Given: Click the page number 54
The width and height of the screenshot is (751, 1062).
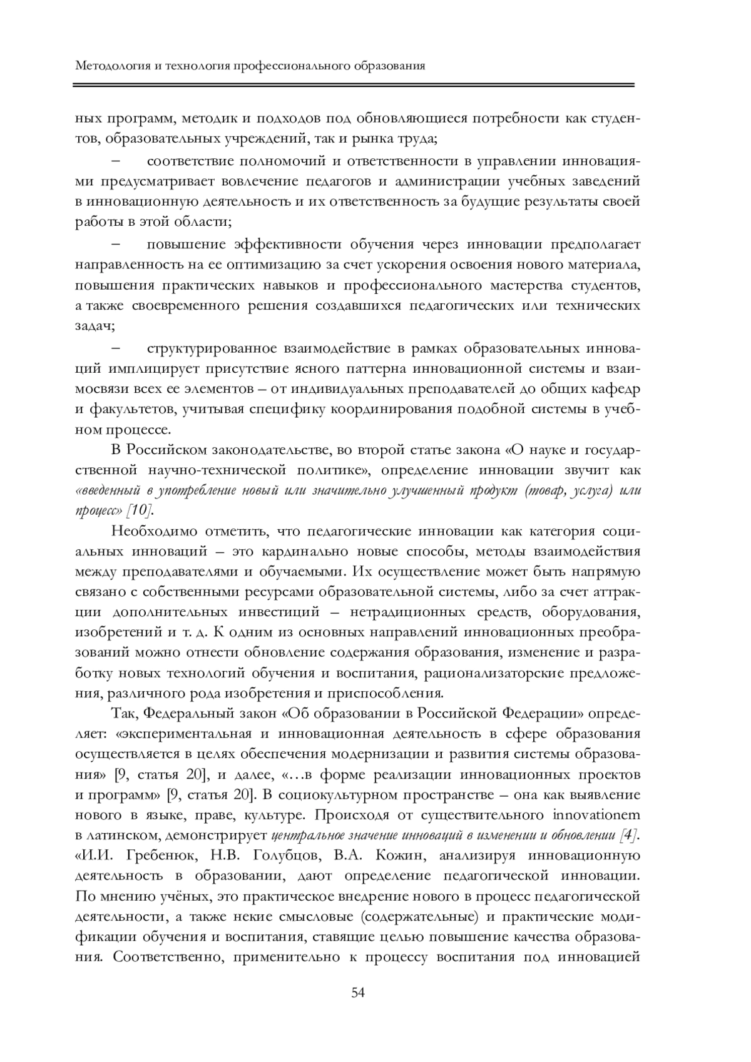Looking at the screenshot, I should [x=359, y=993].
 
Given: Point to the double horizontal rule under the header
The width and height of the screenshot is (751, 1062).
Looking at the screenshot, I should [x=354, y=84].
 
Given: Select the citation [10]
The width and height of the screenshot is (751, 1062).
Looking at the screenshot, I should [x=139, y=510].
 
